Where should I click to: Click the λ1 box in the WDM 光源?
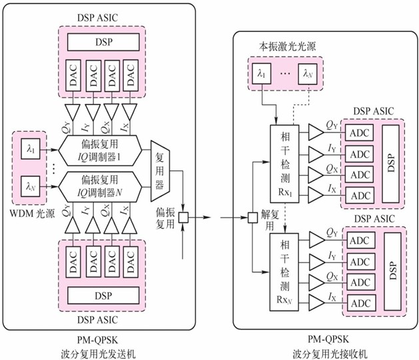pos(30,146)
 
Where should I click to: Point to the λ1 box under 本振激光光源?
pos(260,73)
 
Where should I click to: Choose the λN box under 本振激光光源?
pos(307,73)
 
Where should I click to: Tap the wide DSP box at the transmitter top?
pos(102,41)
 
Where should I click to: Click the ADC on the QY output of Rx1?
pos(360,132)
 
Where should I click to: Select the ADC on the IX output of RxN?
pos(360,303)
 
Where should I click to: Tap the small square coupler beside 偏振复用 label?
pos(183,217)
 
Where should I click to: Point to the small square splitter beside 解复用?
pos(252,217)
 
